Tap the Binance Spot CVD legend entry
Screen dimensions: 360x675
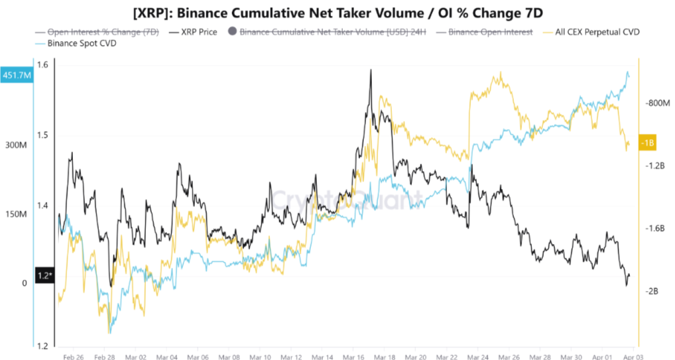(72, 43)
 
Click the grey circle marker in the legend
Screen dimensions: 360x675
(231, 31)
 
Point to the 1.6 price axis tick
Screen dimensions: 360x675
(43, 65)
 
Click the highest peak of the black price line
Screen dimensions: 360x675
(371, 70)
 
